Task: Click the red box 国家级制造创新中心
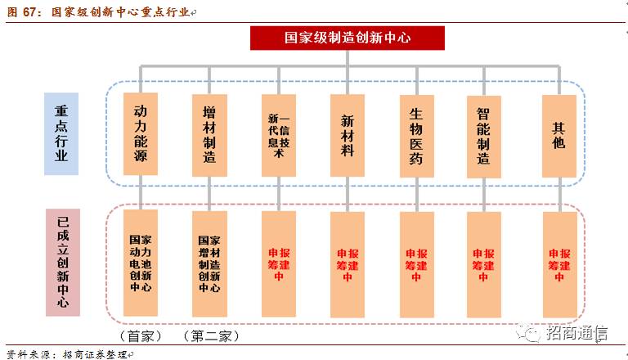click(347, 38)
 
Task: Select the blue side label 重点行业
click(61, 133)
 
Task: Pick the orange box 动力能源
click(141, 133)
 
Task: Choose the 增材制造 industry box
click(209, 134)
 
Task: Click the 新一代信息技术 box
click(278, 134)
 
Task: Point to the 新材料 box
click(348, 134)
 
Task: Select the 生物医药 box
click(416, 134)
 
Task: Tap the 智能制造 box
click(484, 134)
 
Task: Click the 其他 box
click(559, 134)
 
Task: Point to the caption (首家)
click(141, 336)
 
